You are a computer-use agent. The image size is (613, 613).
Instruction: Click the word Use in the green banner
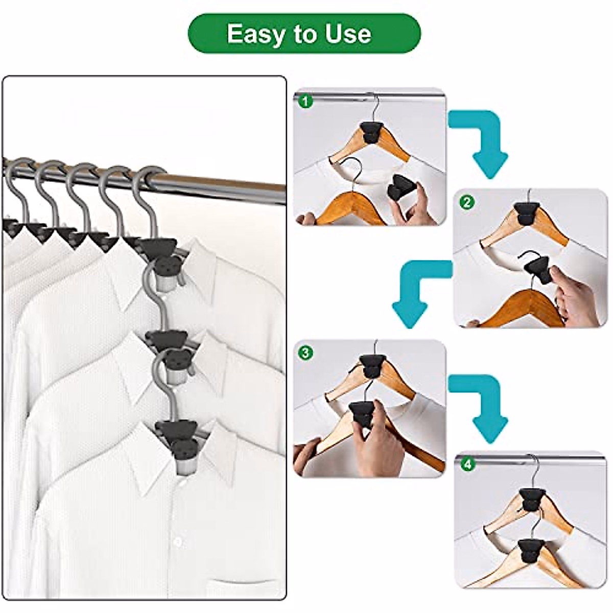point(347,34)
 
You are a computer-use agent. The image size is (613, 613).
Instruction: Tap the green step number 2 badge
point(466,202)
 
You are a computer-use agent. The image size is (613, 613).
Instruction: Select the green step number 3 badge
point(305,352)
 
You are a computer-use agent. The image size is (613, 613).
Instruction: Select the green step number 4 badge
point(466,464)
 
